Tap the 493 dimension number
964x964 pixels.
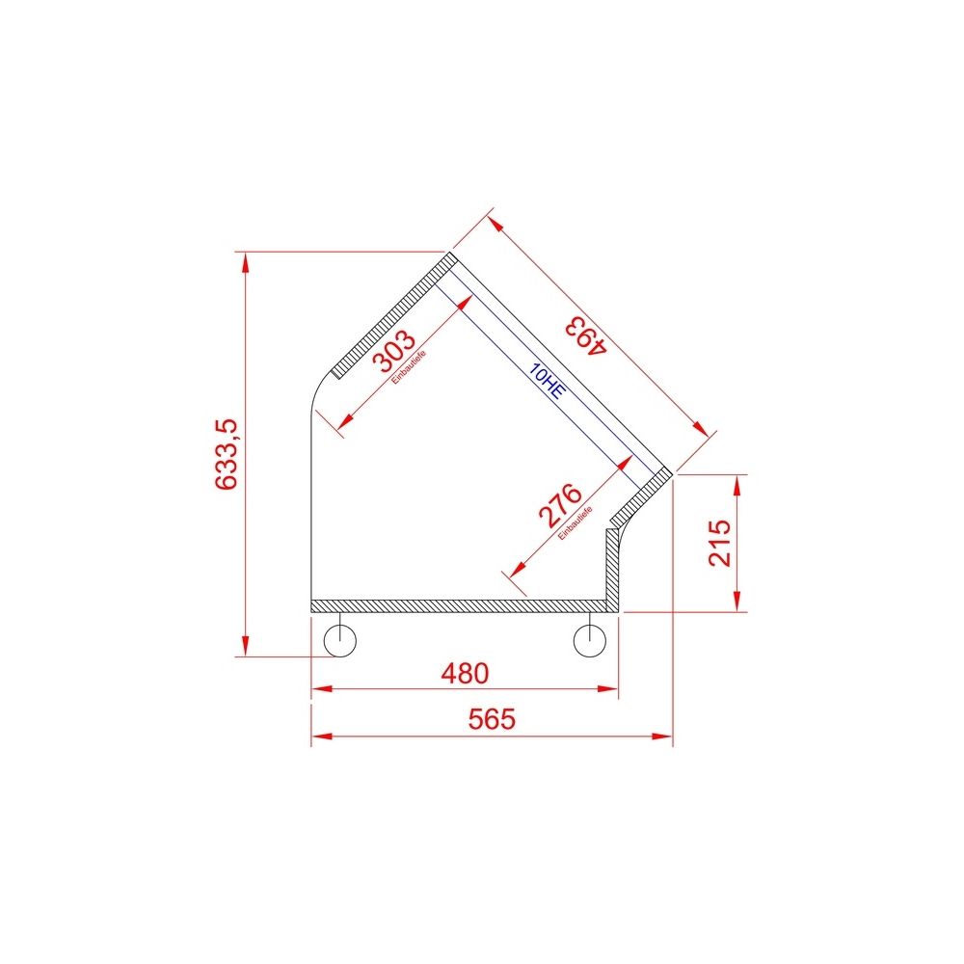coord(585,336)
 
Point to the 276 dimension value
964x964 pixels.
coord(560,505)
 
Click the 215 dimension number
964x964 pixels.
coord(718,543)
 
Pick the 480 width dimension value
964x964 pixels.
coord(464,673)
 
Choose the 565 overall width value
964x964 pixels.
coord(492,719)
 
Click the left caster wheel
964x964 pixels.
coord(340,639)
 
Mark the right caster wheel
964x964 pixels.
coord(589,639)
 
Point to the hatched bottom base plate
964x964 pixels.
coord(463,605)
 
